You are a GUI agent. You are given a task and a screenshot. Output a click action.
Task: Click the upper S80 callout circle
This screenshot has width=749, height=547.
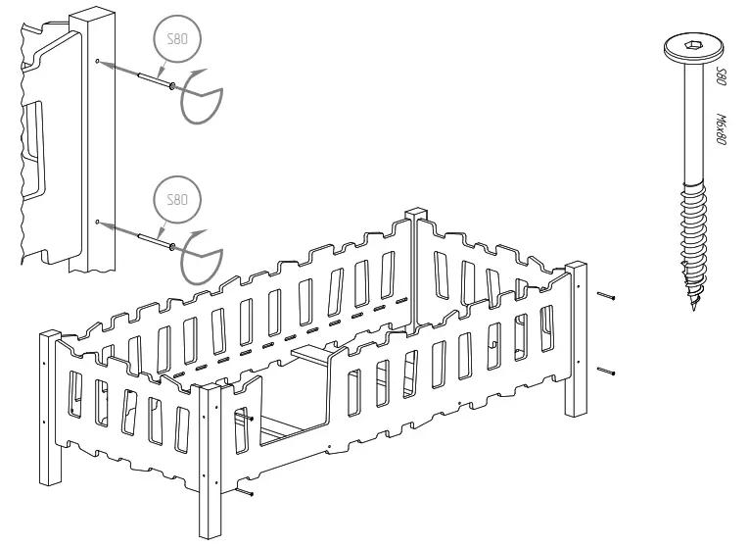coord(177,41)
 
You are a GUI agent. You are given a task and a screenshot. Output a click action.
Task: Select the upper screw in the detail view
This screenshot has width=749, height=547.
coord(147,77)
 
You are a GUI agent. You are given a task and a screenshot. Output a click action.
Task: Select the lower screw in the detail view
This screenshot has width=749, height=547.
coord(147,235)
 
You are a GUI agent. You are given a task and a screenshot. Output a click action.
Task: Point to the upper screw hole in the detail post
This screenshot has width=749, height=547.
coord(97,61)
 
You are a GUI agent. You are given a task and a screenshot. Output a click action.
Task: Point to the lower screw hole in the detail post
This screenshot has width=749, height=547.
coord(97,223)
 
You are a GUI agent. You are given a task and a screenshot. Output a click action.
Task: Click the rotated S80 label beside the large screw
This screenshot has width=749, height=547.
coord(722,77)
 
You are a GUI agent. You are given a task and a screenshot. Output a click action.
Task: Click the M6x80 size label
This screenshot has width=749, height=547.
coord(722,127)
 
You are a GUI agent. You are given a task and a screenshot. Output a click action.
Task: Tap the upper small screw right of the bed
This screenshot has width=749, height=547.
coord(607,294)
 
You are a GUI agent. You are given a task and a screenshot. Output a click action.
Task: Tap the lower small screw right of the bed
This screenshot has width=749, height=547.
coord(607,371)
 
